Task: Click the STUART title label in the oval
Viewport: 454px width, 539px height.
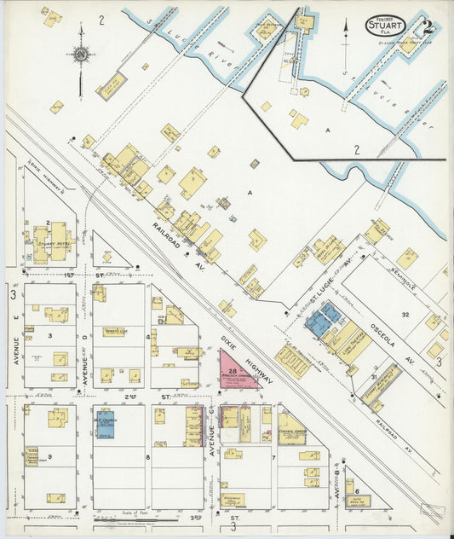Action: [386, 26]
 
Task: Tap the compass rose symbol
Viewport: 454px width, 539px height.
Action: [80, 55]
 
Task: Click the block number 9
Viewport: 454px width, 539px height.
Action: [51, 457]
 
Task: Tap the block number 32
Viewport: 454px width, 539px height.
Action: [406, 315]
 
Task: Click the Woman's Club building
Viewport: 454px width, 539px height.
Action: [114, 331]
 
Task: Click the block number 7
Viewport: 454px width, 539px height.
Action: [273, 458]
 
